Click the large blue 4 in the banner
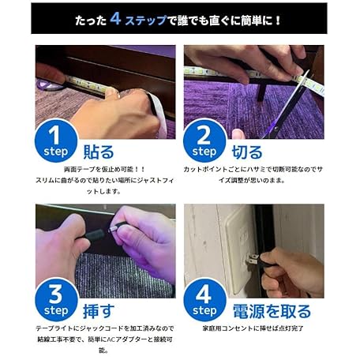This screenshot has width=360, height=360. coord(115,18)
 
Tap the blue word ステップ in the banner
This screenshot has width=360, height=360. coord(146,20)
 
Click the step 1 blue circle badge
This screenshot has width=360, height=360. coord(56,141)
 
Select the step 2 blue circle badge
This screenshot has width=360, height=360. coord(204,141)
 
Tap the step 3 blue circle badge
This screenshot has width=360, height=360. coord(57,300)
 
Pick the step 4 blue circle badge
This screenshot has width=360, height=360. coord(205,300)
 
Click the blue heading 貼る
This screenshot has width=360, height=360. coord(99,152)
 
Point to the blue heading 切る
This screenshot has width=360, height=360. coord(247,152)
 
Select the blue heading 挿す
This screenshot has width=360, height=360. coord(99,311)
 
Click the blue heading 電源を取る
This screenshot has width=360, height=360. coord(272,311)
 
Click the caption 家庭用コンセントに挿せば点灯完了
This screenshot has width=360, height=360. coord(253,328)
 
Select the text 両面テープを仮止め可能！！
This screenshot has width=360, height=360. coord(104,169)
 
